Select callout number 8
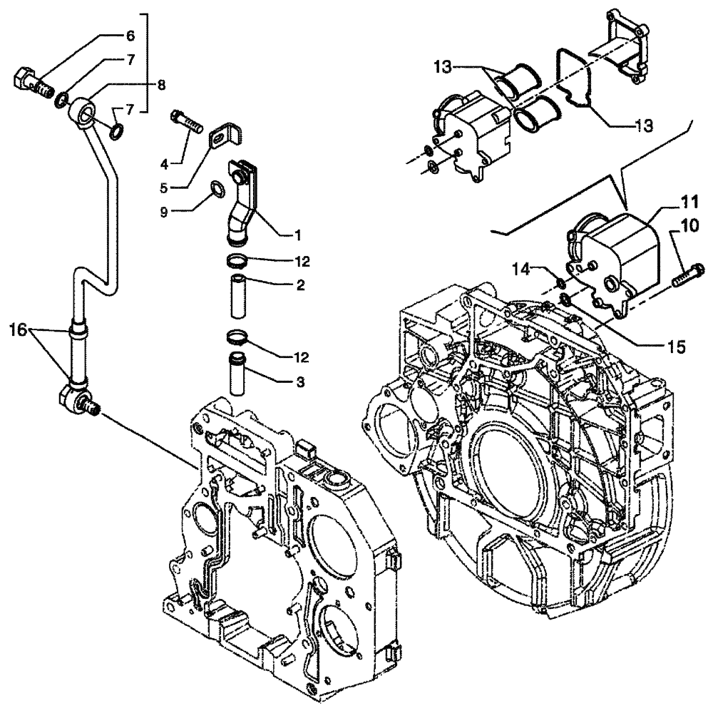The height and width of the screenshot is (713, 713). (x=161, y=86)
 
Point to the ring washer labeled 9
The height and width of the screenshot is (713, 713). (x=217, y=189)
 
